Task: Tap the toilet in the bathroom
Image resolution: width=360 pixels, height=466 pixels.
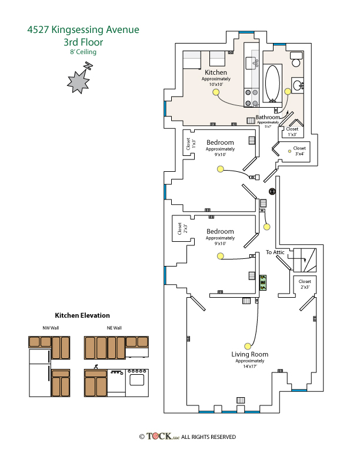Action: [296, 58]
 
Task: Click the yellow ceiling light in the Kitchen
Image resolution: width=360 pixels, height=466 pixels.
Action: [216, 92]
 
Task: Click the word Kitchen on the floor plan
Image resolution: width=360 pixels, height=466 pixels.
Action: [216, 72]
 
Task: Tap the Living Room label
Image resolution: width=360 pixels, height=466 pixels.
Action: [250, 354]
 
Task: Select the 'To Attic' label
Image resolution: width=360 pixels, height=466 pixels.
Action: [275, 252]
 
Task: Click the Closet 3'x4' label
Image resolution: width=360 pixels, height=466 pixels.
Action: [299, 148]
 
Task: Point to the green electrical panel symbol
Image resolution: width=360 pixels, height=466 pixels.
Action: [262, 284]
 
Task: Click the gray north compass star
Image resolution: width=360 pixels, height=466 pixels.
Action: [77, 81]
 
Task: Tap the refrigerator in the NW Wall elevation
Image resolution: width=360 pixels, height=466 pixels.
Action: [40, 373]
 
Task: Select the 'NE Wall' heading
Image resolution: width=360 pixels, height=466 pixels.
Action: [114, 328]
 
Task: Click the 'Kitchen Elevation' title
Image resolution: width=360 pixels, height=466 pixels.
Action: [82, 315]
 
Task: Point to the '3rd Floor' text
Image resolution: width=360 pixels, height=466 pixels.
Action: [83, 42]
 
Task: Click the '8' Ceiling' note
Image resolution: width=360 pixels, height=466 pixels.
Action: [83, 52]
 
